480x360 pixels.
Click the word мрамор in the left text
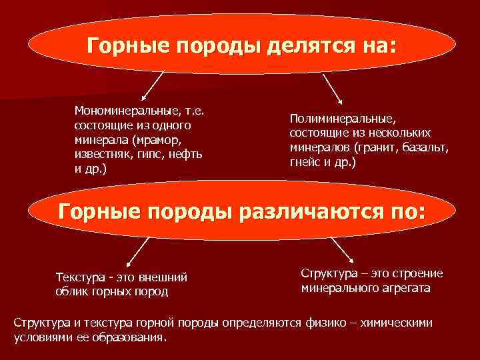(x=156, y=139)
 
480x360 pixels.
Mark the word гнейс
(x=305, y=163)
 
